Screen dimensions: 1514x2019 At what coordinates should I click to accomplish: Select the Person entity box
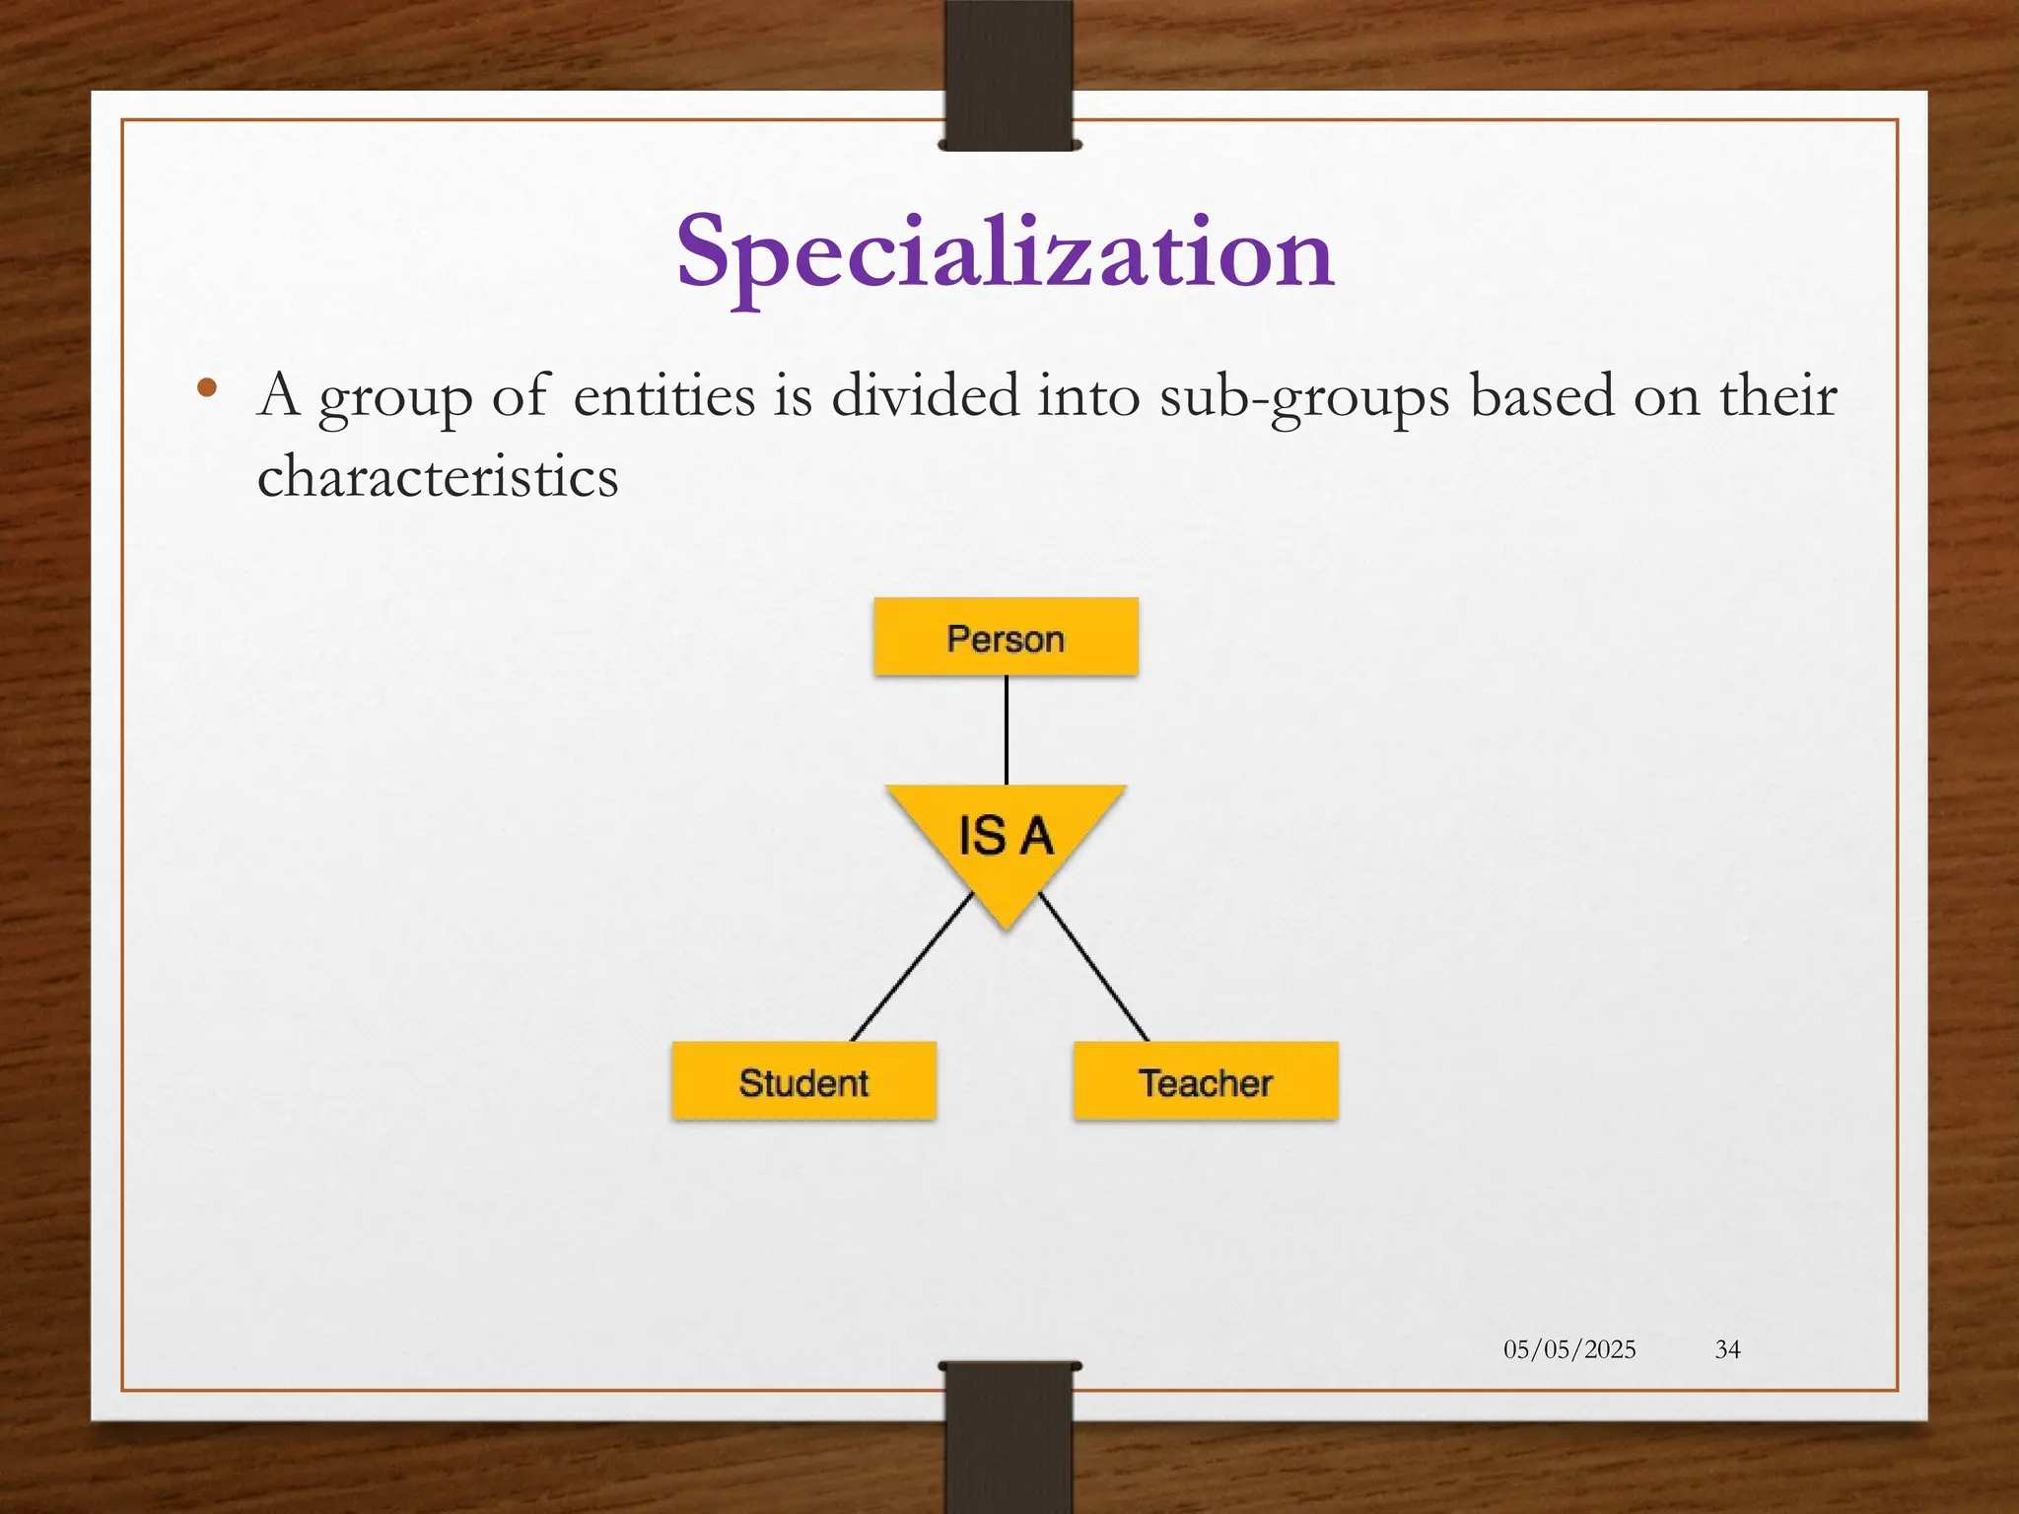1006,638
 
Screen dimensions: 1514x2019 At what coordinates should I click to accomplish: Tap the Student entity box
803,1081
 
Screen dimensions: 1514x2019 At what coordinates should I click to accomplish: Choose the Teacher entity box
1205,1081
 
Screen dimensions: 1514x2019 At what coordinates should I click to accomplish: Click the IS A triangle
1006,838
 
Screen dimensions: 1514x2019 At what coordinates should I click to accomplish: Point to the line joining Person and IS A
1006,729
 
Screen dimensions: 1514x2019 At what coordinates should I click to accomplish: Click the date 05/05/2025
1569,1349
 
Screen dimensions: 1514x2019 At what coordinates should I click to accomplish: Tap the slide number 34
1727,1349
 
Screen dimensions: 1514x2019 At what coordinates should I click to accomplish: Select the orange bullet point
206,387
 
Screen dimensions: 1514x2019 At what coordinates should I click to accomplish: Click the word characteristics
438,477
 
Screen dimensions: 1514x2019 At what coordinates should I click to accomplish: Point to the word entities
664,396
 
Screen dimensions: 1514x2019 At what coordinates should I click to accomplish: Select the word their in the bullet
1778,396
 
